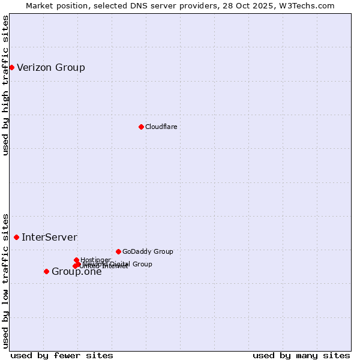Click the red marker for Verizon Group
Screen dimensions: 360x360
tap(11, 67)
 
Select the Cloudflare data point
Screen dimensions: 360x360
tap(141, 127)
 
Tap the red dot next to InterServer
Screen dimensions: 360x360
tap(16, 238)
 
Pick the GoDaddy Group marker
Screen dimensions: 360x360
tap(118, 251)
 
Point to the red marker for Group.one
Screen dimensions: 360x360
tap(46, 271)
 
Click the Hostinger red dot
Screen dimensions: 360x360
tap(76, 260)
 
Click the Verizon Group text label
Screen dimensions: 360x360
tap(51, 67)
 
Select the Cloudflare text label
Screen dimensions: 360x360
tap(161, 127)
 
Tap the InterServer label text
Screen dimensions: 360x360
tap(49, 238)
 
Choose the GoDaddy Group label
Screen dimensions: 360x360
tap(148, 251)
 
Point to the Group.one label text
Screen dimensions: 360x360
tap(77, 272)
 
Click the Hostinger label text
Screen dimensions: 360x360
tap(95, 260)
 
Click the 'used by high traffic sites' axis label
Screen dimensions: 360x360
tap(5, 85)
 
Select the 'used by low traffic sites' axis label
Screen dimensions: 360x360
tap(5, 280)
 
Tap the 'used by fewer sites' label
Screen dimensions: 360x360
tap(62, 355)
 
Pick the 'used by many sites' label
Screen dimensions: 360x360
tap(301, 355)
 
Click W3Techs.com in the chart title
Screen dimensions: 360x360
tap(308, 5)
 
